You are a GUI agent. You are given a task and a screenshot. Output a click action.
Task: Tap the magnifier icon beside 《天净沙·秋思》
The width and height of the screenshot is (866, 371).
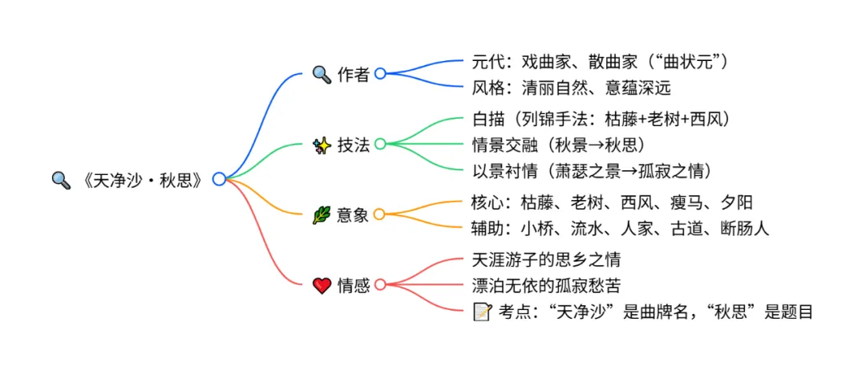pyautogui.click(x=61, y=179)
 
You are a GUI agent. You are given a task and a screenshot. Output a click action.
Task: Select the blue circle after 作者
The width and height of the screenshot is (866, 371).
pyautogui.click(x=380, y=74)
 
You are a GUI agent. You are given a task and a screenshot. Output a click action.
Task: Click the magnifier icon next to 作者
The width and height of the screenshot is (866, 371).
pyautogui.click(x=322, y=75)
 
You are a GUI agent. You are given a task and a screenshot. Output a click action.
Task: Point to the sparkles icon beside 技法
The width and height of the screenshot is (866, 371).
pyautogui.click(x=322, y=145)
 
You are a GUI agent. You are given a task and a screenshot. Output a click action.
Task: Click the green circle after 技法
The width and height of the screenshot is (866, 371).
pyautogui.click(x=380, y=145)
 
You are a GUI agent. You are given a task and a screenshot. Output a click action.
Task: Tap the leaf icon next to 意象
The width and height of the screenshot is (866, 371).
pyautogui.click(x=322, y=214)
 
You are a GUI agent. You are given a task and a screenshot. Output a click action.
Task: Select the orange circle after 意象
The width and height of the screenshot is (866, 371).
pyautogui.click(x=380, y=214)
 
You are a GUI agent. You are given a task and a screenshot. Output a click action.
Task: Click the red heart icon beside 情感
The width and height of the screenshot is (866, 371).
pyautogui.click(x=322, y=284)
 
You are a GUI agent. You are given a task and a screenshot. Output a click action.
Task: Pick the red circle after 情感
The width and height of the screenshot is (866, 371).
pyautogui.click(x=380, y=284)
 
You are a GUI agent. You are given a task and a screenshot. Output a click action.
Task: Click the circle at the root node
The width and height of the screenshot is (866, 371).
pyautogui.click(x=219, y=179)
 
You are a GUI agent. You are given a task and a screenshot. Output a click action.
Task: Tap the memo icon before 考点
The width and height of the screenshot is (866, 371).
pyautogui.click(x=482, y=312)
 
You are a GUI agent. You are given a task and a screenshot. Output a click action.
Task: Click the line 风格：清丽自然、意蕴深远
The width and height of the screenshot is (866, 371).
pyautogui.click(x=572, y=87)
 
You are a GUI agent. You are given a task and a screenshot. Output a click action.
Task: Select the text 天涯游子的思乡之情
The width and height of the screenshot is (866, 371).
pyautogui.click(x=547, y=259)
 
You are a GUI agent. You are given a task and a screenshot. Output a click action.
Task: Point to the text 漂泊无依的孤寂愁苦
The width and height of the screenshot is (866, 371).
pyautogui.click(x=547, y=285)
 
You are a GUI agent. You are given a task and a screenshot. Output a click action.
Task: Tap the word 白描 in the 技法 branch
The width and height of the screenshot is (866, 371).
pyautogui.click(x=489, y=120)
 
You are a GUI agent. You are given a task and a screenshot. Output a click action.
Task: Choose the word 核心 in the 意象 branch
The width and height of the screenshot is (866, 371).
pyautogui.click(x=489, y=202)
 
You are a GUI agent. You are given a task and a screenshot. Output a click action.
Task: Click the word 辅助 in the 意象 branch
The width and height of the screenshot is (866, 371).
pyautogui.click(x=489, y=228)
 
